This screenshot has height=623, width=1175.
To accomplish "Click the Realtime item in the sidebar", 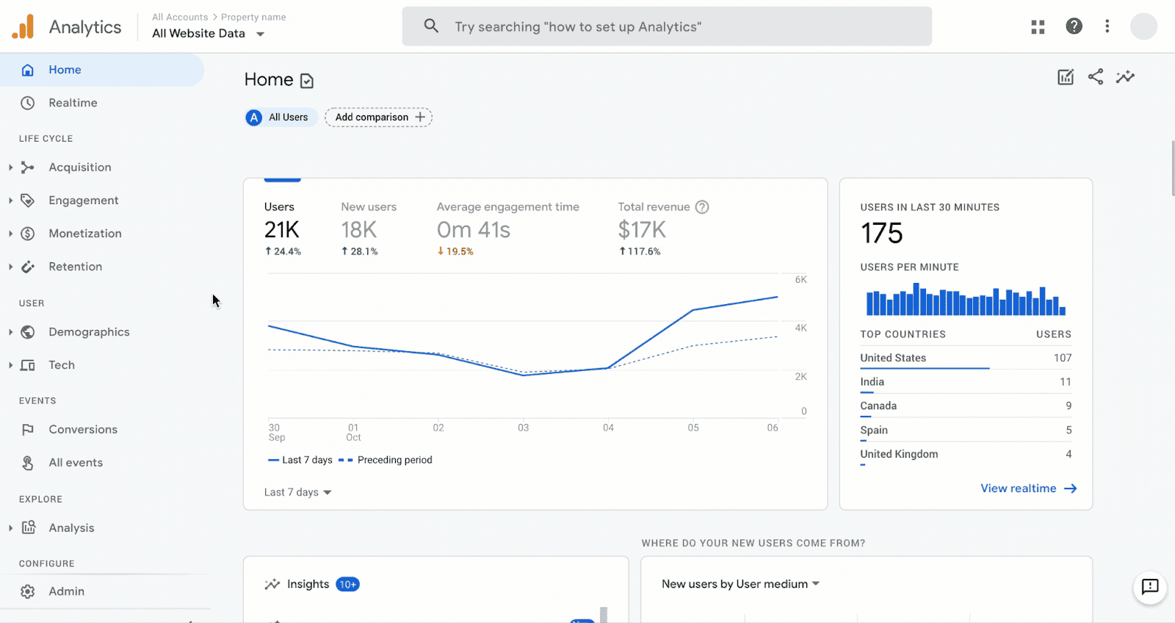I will coord(73,103).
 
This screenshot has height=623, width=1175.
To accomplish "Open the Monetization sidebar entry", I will coord(84,234).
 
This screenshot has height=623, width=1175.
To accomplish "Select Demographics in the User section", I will coord(89,332).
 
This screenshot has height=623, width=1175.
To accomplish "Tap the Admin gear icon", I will coord(28,591).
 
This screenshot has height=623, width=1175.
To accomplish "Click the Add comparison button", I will coord(379,118).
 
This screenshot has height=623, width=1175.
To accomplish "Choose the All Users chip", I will coord(281,118).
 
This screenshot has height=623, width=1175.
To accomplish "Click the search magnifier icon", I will coord(431,26).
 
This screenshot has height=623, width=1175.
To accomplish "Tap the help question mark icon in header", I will coord(1074,26).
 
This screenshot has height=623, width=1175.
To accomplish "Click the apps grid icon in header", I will coord(1038,27).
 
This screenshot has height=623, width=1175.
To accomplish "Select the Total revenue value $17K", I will coord(642,230).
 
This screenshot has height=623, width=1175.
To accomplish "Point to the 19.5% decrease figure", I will coord(455,251).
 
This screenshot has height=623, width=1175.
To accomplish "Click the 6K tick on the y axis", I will coord(800,280).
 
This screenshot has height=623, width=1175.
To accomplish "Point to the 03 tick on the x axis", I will coord(523,428).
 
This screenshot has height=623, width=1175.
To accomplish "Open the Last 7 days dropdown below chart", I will coord(297,492).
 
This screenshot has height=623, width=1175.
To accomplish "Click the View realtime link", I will coord(1028,489).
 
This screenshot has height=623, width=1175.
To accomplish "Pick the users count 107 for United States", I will coord(1062,358).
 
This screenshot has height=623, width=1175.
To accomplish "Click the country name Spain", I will coord(874,431).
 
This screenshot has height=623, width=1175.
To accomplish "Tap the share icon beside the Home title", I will coord(1095,76).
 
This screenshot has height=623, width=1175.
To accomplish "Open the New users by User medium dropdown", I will coord(740,584).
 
